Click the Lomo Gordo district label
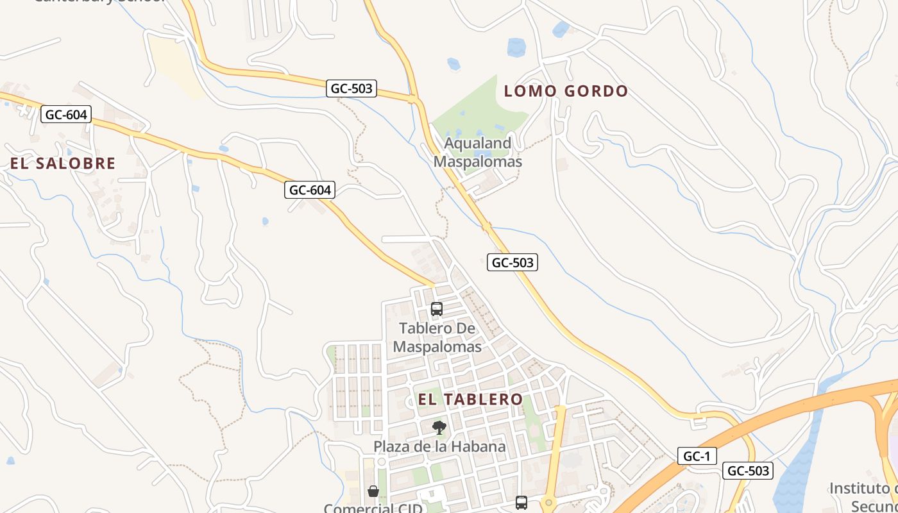click(566, 91)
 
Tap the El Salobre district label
click(63, 164)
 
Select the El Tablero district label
click(470, 399)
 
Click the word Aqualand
click(478, 143)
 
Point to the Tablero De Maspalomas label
click(437, 337)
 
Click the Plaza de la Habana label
click(439, 446)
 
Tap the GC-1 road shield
click(697, 456)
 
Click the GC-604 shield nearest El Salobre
click(67, 115)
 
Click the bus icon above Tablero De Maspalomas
click(437, 309)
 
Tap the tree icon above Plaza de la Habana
click(439, 428)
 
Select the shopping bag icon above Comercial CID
click(373, 492)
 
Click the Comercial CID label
click(373, 509)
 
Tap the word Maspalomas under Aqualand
click(478, 161)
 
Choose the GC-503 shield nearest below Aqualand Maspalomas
click(512, 262)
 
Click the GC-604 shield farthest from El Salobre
click(310, 190)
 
